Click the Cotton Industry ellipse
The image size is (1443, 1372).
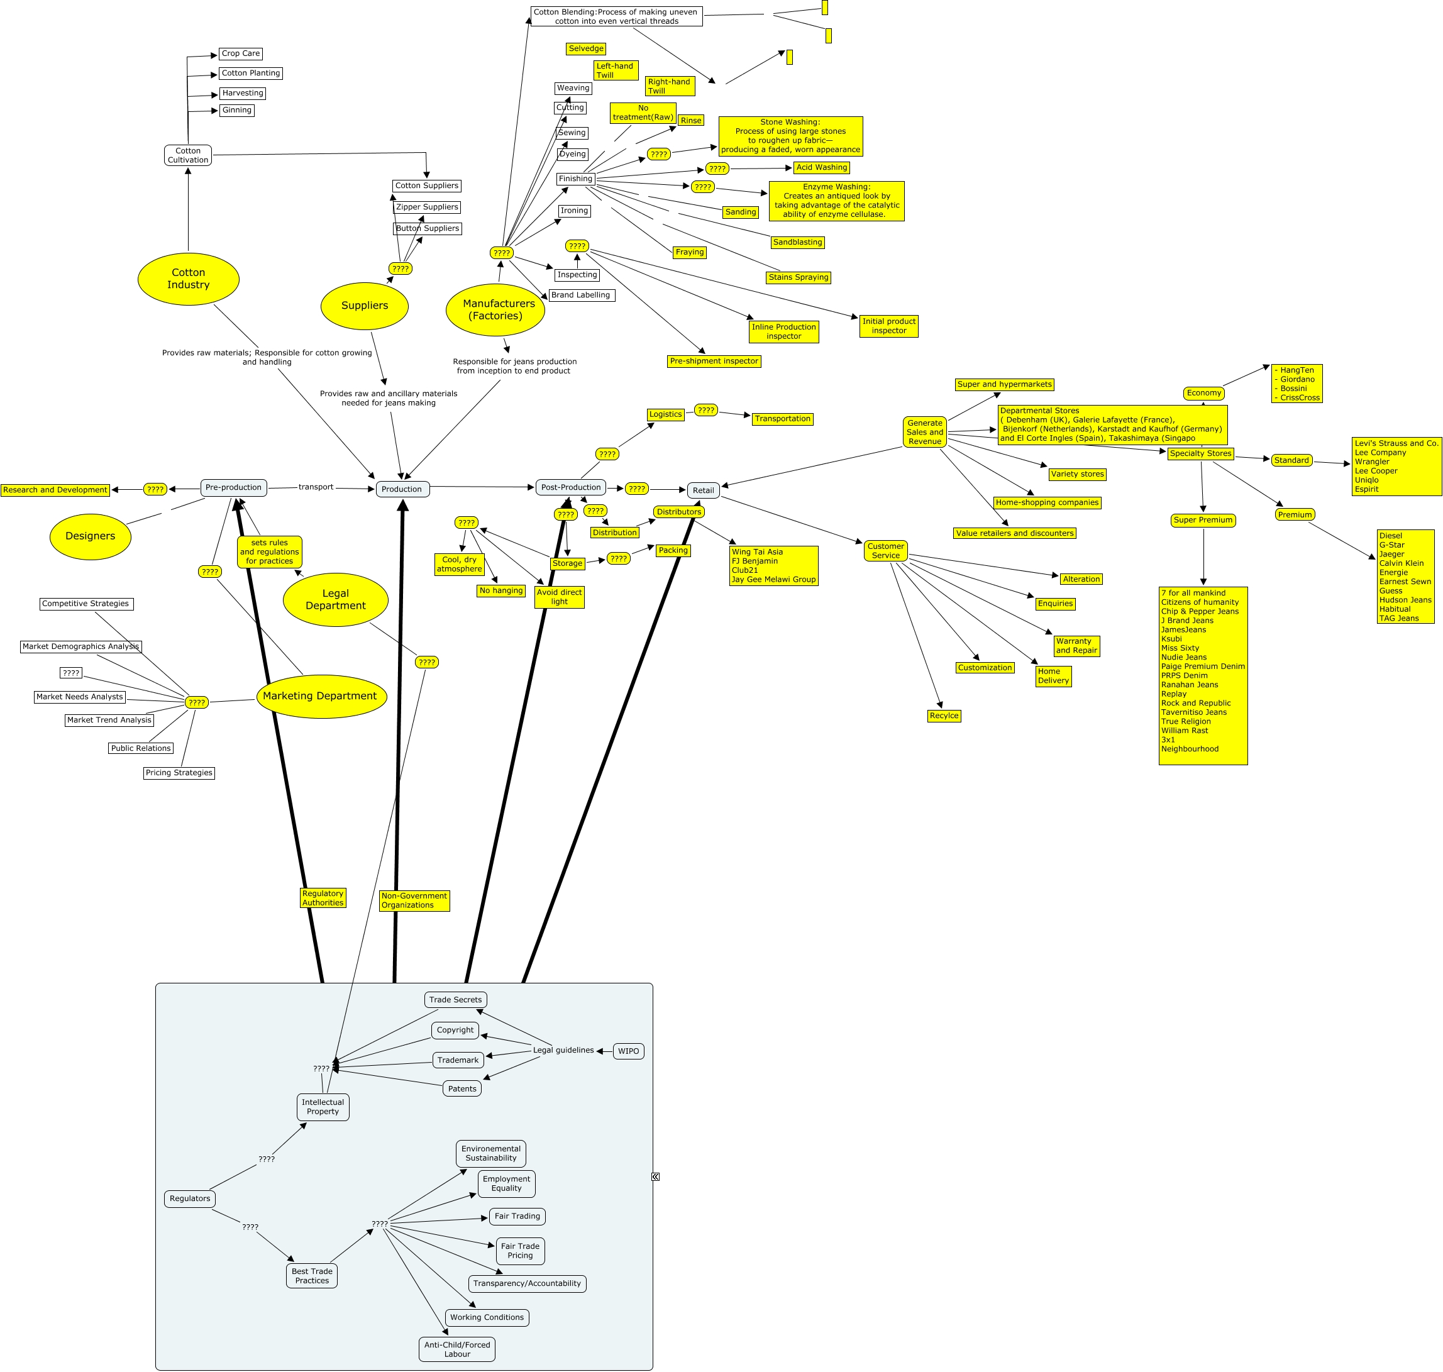(188, 279)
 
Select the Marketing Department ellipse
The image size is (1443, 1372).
(320, 695)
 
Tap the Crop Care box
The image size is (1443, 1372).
(241, 53)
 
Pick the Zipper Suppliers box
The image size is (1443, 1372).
(427, 207)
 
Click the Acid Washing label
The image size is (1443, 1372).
(821, 167)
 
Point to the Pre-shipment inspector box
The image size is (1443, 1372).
(714, 362)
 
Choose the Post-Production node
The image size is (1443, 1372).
(570, 487)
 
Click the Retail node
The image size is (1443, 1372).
(703, 490)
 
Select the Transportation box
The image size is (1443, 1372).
(783, 419)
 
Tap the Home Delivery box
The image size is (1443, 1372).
(1053, 676)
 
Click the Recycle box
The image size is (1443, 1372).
(944, 716)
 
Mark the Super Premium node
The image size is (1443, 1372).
(1203, 520)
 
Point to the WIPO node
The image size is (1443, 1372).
(628, 1051)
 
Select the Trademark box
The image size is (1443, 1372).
(458, 1059)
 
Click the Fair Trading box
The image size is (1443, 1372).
(517, 1216)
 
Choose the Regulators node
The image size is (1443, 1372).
(189, 1198)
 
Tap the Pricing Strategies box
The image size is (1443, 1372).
(179, 773)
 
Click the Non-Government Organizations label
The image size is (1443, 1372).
(414, 900)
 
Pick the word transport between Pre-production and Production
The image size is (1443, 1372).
(316, 487)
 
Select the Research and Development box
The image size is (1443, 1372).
(55, 490)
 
